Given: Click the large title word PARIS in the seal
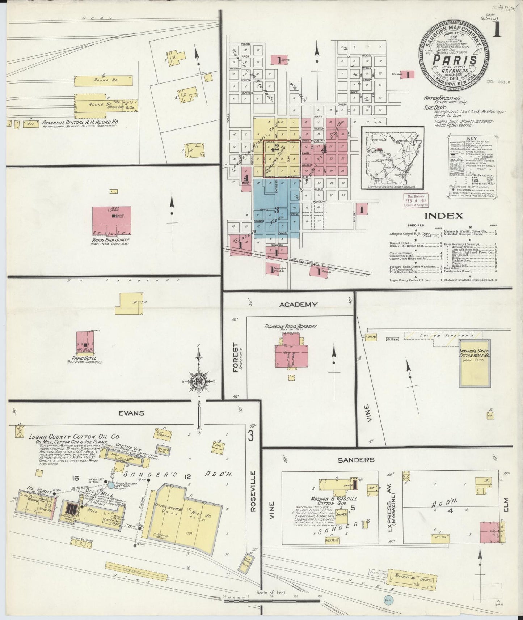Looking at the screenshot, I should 455,60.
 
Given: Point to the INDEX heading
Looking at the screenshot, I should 443,216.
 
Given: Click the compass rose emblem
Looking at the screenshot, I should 198,382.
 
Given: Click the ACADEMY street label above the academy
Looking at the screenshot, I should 298,305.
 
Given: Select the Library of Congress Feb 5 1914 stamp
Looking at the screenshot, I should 416,200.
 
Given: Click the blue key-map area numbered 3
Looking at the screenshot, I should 277,209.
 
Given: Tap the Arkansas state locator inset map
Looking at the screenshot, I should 392,158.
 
